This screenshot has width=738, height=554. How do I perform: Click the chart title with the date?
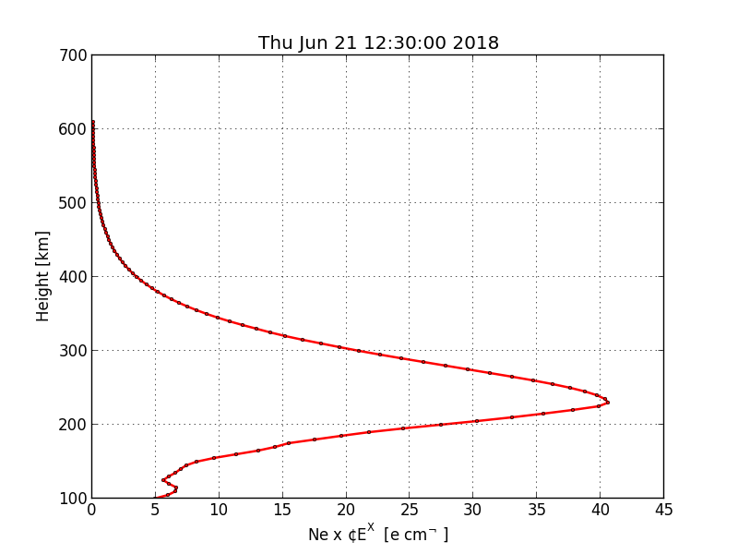pos(378,43)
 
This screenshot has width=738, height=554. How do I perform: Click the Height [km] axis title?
pos(43,276)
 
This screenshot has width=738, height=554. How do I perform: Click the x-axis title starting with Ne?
pos(377,534)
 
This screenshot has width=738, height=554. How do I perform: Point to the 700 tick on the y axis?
pos(76,55)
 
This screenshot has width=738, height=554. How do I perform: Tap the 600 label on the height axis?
pos(76,129)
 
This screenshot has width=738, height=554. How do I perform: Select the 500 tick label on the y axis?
pos(76,203)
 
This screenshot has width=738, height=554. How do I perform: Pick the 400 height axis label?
pos(76,277)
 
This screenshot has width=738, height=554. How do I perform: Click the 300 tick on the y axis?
pos(76,351)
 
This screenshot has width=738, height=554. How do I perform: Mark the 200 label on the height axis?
pos(76,425)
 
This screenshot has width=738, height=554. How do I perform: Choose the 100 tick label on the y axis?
pos(76,499)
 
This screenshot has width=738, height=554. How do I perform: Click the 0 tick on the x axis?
pos(91,510)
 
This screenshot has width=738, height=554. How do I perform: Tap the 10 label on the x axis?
pos(219,510)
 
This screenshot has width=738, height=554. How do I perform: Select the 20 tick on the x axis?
pos(346,510)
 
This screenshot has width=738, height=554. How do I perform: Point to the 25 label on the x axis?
pos(410,510)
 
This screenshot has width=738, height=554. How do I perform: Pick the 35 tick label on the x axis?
pos(536,510)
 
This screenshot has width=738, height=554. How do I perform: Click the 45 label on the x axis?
pos(663,510)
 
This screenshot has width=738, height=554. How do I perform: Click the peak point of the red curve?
pos(607,402)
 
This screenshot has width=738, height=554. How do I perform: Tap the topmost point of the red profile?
pos(92,122)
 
